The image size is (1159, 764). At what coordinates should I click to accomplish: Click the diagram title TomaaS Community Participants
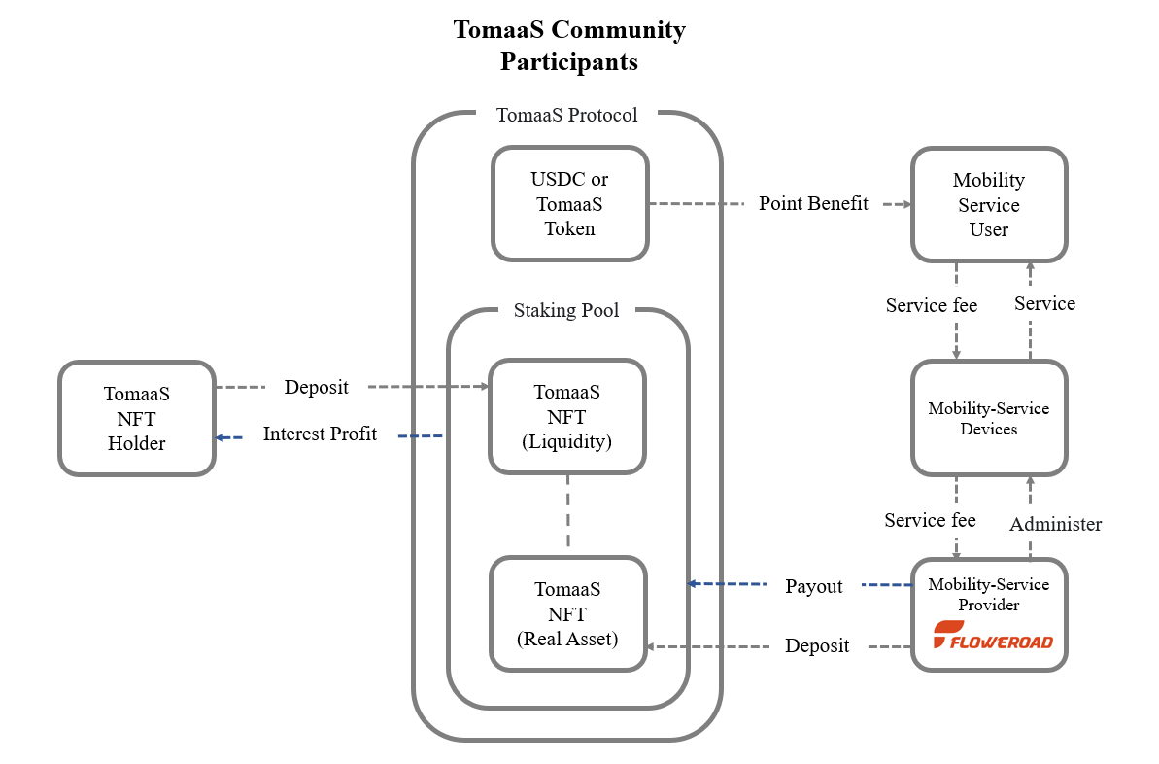(x=568, y=46)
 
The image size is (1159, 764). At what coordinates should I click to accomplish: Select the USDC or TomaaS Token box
(x=569, y=204)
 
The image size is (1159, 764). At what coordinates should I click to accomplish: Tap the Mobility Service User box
(x=988, y=204)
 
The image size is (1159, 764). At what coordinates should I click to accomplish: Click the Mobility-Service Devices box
(x=988, y=418)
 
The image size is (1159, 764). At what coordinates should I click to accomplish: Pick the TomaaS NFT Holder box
(x=136, y=418)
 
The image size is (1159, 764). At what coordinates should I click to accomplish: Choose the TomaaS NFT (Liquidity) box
(x=566, y=417)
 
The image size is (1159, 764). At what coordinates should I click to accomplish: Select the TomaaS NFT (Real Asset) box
(x=567, y=613)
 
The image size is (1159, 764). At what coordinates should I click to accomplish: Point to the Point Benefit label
(x=813, y=204)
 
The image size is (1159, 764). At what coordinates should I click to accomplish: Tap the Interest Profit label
(x=320, y=434)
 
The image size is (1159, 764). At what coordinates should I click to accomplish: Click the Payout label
(x=814, y=586)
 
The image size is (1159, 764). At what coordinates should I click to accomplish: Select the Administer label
(x=1055, y=525)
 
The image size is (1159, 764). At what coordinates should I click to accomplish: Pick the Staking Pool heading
(x=566, y=311)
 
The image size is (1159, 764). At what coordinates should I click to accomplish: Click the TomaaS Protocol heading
(x=566, y=116)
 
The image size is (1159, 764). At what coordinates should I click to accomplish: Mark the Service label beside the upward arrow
(x=1044, y=304)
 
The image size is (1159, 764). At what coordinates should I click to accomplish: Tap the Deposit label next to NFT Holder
(x=316, y=388)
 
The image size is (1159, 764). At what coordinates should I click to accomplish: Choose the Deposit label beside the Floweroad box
(x=817, y=646)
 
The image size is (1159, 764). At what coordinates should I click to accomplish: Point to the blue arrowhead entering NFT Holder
(x=221, y=437)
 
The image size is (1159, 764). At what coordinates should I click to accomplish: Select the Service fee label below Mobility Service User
(x=931, y=306)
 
